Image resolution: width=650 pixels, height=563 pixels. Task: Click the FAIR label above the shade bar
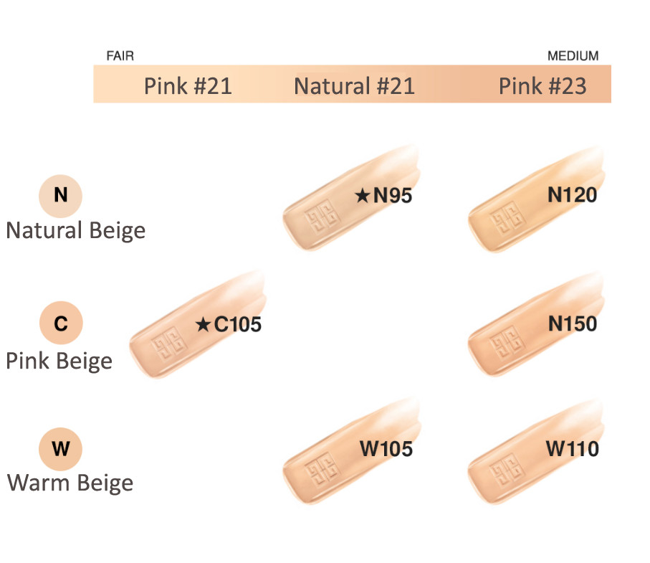120,56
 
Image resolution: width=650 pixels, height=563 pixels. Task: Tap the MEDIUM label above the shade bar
573,56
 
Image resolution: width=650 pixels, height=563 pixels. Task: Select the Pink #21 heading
188,86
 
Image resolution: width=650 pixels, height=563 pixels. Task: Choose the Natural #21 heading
354,86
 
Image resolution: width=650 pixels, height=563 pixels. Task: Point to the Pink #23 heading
543,86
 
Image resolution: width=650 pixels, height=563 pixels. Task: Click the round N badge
60,196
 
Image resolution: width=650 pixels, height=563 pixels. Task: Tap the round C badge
61,323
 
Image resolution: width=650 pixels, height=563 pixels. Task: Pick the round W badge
60,449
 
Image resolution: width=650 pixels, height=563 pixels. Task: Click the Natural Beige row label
76,231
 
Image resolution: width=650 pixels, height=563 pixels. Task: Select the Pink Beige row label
59,361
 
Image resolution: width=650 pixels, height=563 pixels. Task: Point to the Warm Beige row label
70,483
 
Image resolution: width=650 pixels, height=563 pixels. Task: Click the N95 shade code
393,195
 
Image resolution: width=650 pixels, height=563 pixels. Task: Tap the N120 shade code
572,194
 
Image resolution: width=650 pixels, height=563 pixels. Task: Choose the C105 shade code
237,324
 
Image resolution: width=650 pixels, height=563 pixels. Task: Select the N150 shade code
573,323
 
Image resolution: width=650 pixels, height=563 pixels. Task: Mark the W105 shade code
386,449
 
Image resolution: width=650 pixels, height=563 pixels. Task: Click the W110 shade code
572,449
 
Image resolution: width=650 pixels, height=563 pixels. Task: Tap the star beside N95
363,195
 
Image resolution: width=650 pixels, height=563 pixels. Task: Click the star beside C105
203,324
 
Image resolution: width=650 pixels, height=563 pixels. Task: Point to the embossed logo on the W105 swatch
322,470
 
